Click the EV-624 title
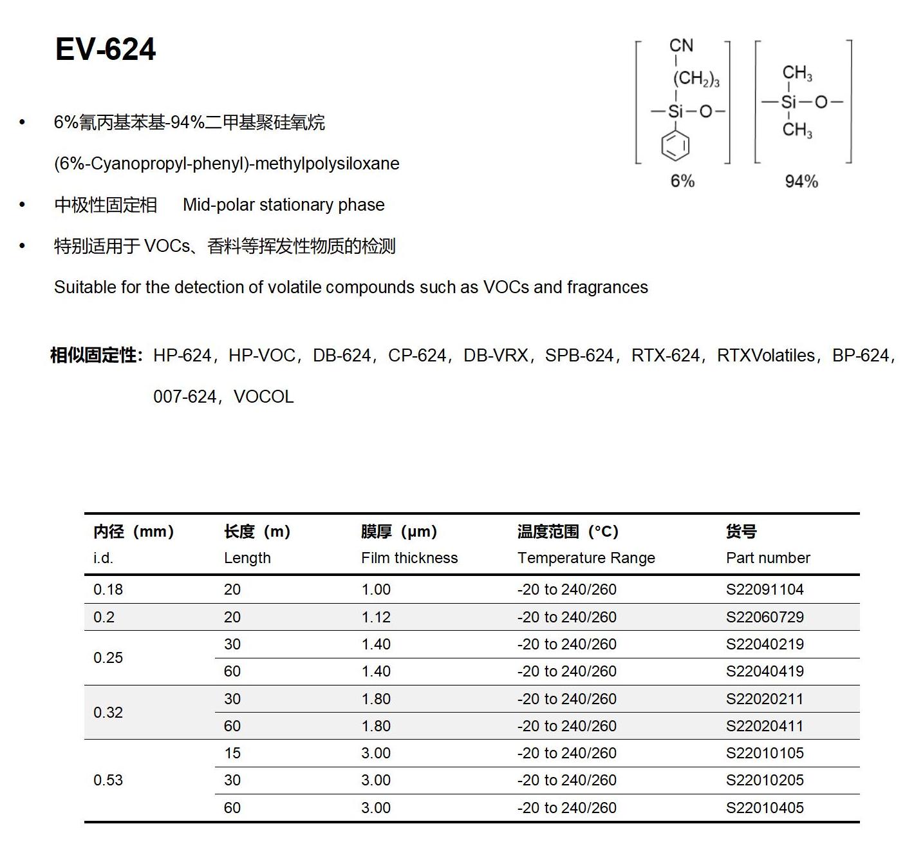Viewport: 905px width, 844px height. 106,50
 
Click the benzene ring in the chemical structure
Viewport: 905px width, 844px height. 675,145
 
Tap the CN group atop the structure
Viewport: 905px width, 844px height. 681,46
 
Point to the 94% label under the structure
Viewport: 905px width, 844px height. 801,182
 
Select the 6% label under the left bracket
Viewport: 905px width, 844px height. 682,181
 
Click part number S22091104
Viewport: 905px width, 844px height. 765,590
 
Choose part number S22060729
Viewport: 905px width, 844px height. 765,617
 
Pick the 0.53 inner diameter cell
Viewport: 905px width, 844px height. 108,780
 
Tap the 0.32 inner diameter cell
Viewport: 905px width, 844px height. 108,713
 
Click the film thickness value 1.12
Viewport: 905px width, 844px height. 376,617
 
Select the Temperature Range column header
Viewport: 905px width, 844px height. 586,558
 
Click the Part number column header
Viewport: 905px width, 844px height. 768,558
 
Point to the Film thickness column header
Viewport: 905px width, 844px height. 409,558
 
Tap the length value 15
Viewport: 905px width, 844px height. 232,753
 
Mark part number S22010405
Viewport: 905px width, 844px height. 765,808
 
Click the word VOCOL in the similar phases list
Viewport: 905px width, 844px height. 263,397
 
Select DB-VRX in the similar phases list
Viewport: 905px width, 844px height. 496,356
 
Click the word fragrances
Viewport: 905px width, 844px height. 607,287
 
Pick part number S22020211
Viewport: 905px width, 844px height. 765,699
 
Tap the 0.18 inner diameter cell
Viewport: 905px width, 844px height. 108,590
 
